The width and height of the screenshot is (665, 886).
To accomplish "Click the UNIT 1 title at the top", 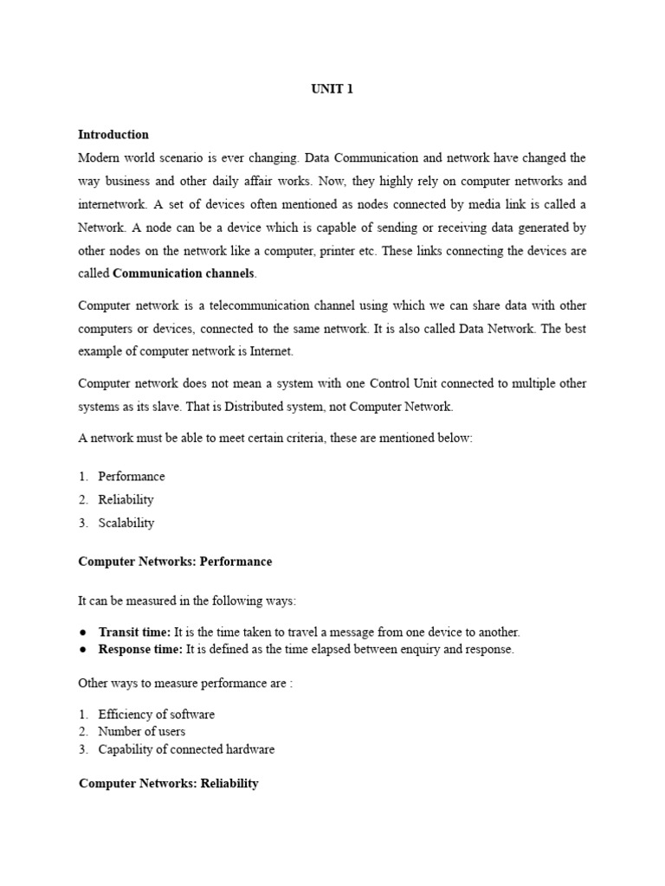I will (x=332, y=90).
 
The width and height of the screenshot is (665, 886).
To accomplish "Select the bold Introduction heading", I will (x=113, y=134).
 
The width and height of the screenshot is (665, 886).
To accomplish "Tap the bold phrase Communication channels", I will (x=184, y=273).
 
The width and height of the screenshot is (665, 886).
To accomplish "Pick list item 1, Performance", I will (x=131, y=477).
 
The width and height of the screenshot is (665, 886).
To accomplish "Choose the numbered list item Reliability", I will (x=126, y=499).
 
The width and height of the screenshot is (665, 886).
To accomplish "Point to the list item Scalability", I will (x=126, y=523).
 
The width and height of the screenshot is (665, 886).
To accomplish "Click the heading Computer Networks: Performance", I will (x=175, y=562).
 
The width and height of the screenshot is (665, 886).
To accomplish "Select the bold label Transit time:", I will (x=134, y=632).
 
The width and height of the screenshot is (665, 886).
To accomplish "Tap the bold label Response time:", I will (x=140, y=650).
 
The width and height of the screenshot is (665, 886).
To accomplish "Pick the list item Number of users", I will (x=141, y=732).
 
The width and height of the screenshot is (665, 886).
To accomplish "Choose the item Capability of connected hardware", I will (x=186, y=749).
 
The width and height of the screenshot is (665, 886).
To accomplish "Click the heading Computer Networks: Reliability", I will (x=169, y=784).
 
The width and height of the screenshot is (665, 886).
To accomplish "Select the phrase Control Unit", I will (x=405, y=383).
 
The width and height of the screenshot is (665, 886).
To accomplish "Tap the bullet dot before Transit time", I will (x=82, y=632).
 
